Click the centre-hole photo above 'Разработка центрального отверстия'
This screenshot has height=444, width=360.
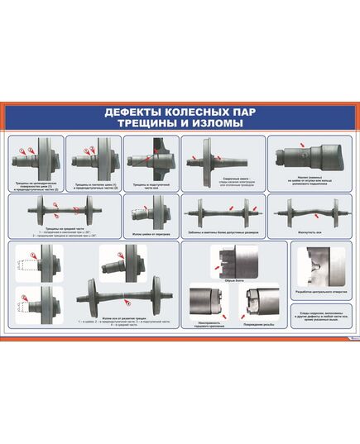pyautogui.click(x=324, y=266)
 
